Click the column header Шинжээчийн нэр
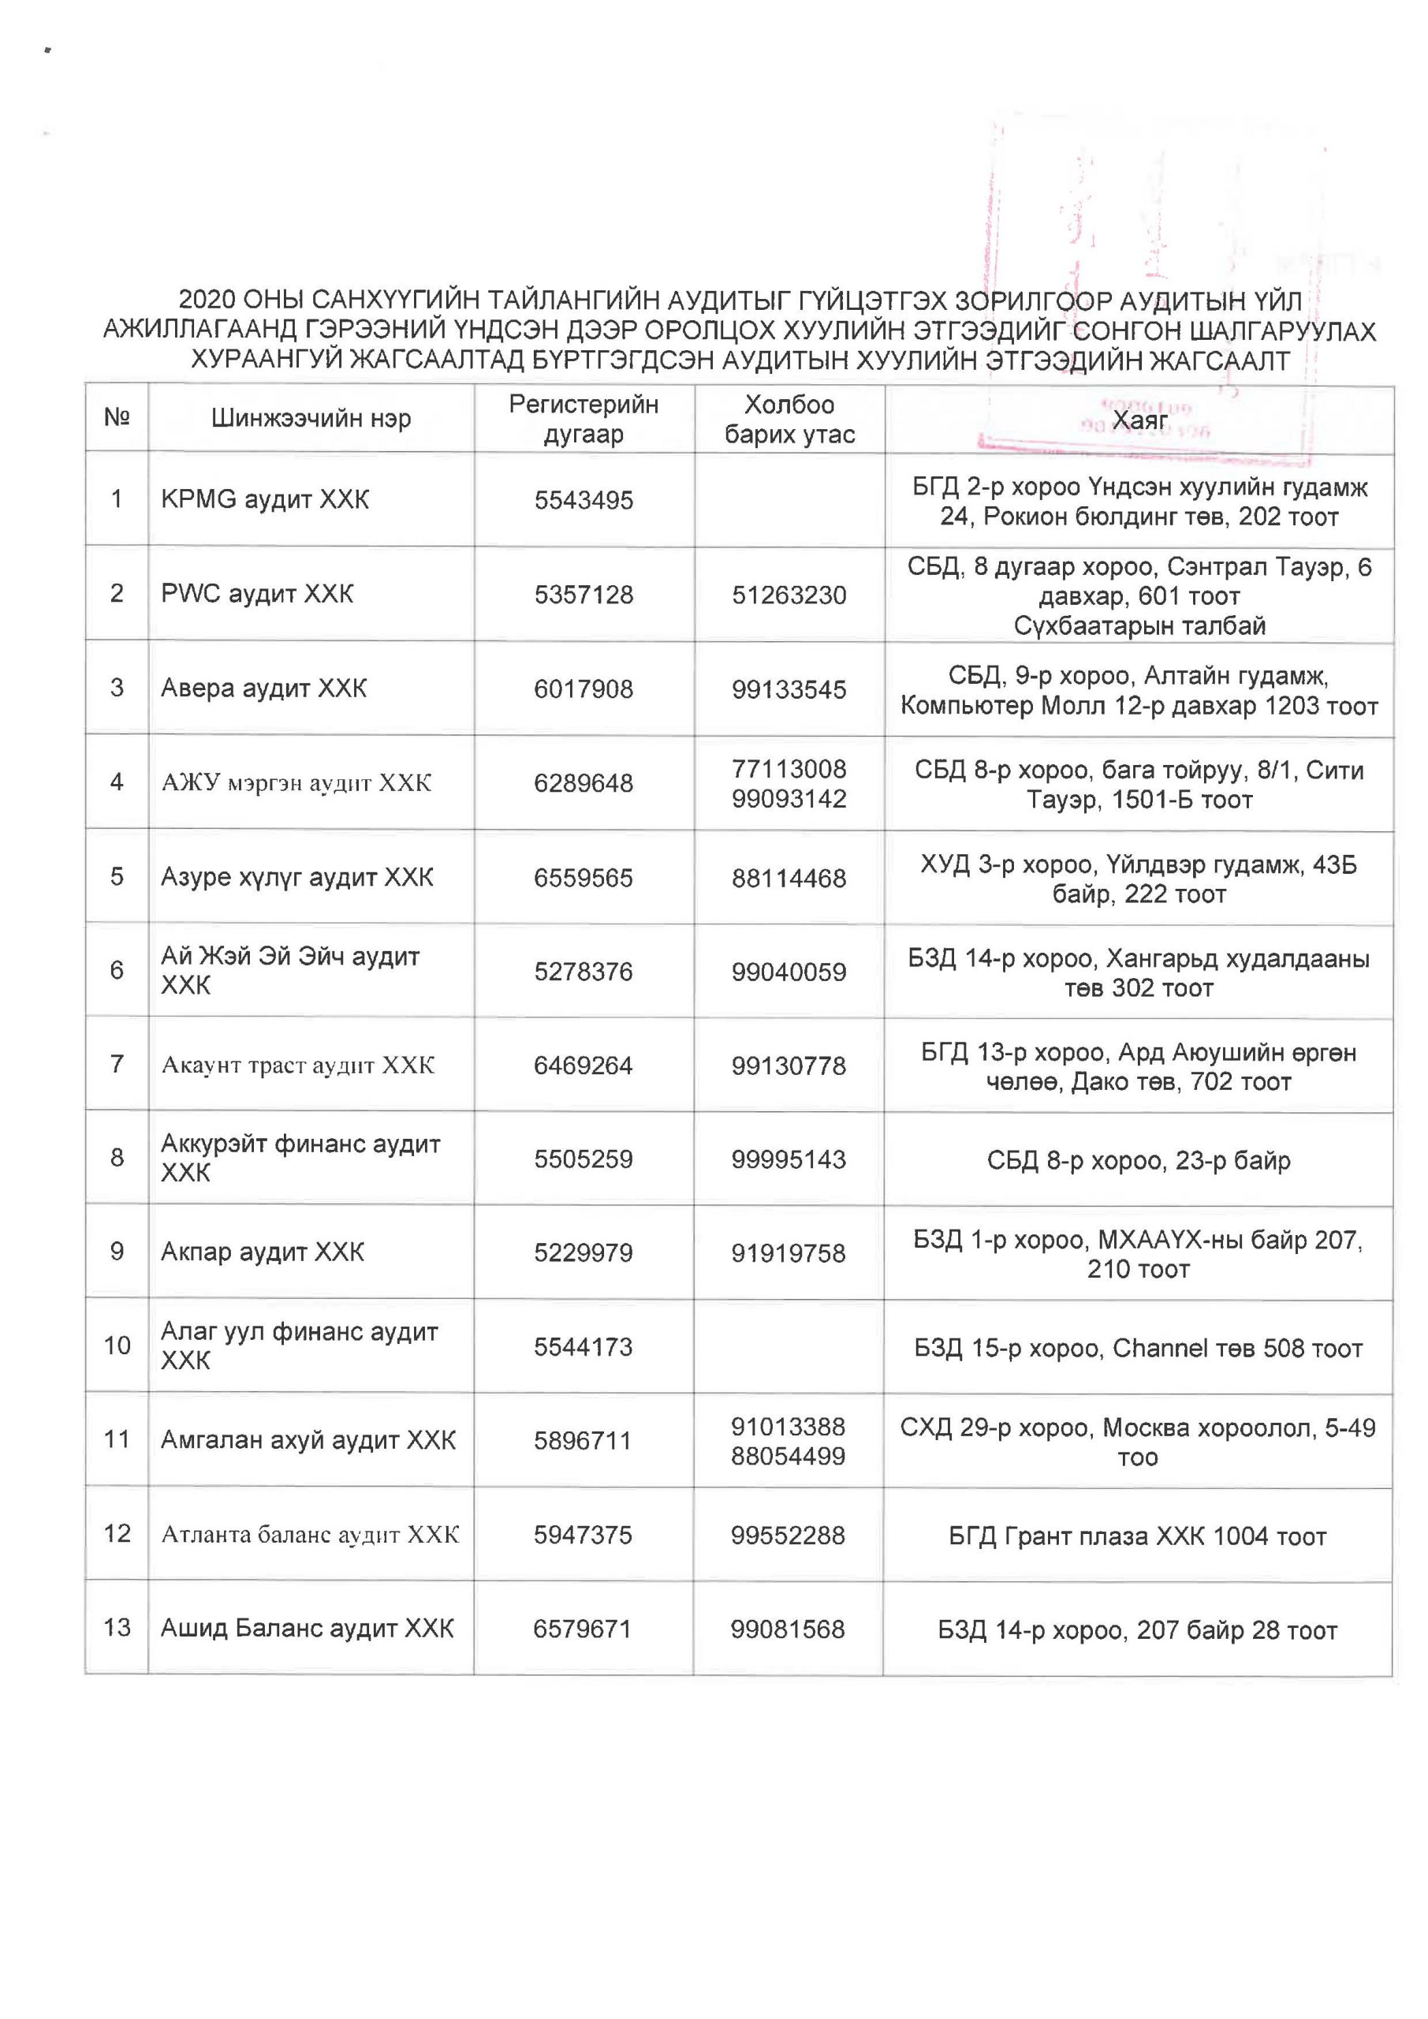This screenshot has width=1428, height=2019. click(x=311, y=418)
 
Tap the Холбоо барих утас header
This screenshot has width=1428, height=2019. click(x=789, y=419)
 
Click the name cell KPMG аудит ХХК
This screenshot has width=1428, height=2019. click(x=265, y=499)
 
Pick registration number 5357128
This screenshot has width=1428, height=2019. click(x=584, y=595)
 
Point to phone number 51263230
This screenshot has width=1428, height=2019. click(x=789, y=595)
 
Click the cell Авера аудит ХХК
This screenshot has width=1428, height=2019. click(x=264, y=688)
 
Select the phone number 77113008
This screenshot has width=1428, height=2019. click(x=789, y=768)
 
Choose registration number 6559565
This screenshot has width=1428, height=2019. click(x=583, y=878)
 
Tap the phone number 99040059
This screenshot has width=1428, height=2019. click(x=789, y=972)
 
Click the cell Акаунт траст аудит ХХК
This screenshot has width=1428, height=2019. click(x=297, y=1065)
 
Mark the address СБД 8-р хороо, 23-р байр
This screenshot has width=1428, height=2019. click(x=1139, y=1160)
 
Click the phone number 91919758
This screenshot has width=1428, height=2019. click(x=788, y=1253)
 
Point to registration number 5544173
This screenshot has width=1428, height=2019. click(x=583, y=1346)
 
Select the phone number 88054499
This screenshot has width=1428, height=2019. click(x=788, y=1455)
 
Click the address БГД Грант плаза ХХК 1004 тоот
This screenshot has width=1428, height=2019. click(x=1137, y=1536)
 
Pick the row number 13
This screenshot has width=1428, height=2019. click(x=117, y=1627)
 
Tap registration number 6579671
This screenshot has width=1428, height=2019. click(x=582, y=1629)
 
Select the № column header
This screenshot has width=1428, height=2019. click(x=117, y=417)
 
